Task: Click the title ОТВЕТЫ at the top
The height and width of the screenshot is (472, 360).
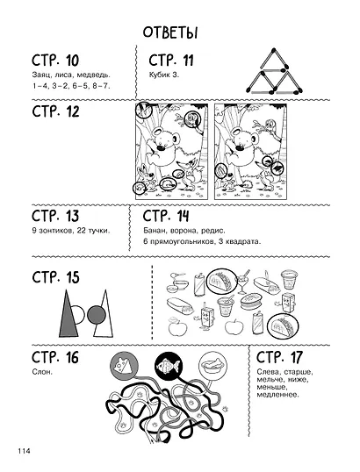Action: [x=170, y=32]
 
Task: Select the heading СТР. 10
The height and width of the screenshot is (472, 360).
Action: [x=55, y=61]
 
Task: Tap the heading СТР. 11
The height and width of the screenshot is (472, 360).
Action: [x=171, y=61]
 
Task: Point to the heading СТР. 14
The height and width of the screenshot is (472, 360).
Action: [x=166, y=216]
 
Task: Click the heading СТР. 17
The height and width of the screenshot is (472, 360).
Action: [x=279, y=357]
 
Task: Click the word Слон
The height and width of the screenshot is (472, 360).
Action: [x=42, y=372]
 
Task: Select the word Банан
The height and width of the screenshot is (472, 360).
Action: [x=153, y=231]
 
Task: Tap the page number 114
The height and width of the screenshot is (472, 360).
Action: [x=24, y=451]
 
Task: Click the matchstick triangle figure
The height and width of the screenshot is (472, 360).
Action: [x=274, y=72]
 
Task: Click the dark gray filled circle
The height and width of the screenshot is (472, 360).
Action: [x=97, y=315]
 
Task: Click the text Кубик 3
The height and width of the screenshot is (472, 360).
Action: [x=164, y=75]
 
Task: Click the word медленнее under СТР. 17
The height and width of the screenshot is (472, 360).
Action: [x=277, y=394]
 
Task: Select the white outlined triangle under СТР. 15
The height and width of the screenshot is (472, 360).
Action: [x=104, y=314]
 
